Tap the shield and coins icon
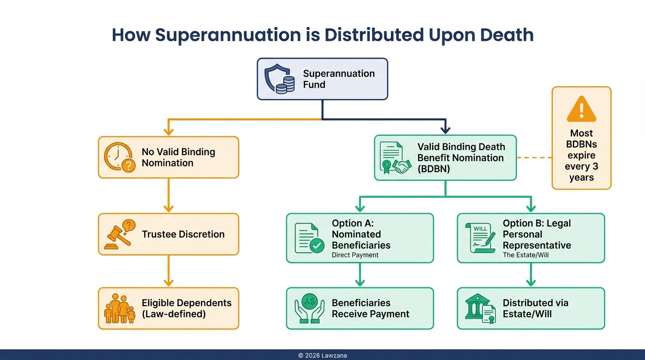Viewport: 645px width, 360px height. point(279,79)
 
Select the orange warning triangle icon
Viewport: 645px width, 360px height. point(581,109)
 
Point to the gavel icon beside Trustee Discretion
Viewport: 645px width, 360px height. point(119,234)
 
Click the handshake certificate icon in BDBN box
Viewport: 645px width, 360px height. point(395,158)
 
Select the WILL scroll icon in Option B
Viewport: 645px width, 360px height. point(480,238)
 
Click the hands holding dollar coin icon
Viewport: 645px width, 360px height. point(309,308)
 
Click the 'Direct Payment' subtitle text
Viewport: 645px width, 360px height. point(355,255)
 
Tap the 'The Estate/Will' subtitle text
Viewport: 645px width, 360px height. point(525,255)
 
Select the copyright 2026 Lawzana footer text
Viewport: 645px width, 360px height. point(322,356)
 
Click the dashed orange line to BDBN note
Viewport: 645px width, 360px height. point(534,158)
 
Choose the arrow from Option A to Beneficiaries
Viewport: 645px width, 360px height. point(360,275)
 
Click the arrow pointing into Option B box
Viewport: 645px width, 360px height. point(531,205)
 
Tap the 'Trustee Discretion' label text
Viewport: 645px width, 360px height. point(183,234)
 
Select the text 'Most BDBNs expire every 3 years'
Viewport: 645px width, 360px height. point(581,155)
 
